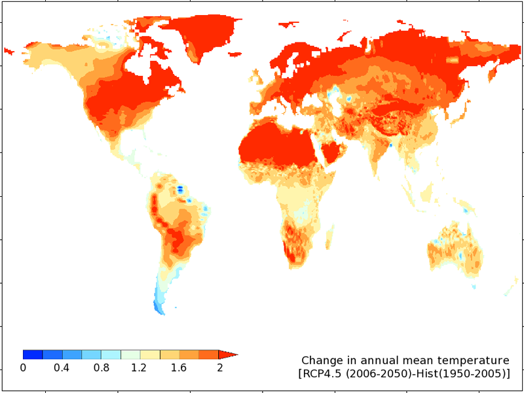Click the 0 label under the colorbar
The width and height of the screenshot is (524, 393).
click(23, 367)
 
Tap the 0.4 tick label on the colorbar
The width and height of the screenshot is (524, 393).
click(62, 367)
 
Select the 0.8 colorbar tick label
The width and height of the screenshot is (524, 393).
click(102, 367)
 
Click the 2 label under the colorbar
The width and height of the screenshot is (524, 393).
click(219, 367)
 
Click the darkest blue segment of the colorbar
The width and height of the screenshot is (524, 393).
click(33, 354)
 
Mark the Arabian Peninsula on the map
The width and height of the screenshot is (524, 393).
click(332, 152)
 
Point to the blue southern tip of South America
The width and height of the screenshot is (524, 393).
click(159, 304)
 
